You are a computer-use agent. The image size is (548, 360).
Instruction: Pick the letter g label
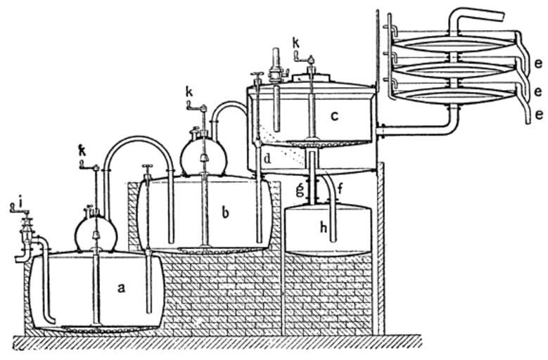[300, 188]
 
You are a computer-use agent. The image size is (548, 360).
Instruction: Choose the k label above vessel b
[189, 92]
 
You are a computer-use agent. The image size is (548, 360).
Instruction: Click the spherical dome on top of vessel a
[96, 233]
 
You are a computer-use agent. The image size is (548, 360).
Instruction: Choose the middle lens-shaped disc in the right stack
[454, 68]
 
